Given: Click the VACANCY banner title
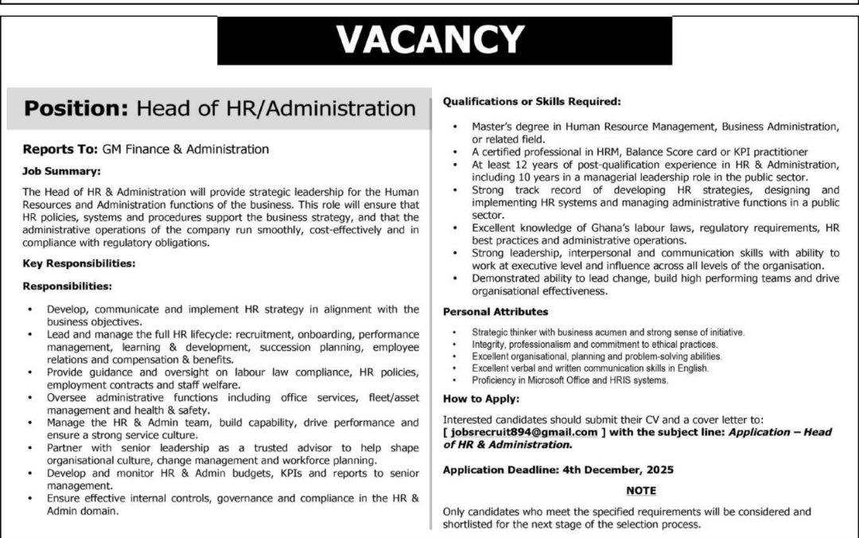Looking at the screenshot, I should (x=429, y=39).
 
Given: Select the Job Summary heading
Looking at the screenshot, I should (x=61, y=170).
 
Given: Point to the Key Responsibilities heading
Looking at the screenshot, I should (x=79, y=262).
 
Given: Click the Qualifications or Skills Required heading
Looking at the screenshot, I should (x=531, y=102).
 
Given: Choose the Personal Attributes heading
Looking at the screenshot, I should (x=495, y=311).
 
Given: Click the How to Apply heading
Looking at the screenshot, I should (x=480, y=399).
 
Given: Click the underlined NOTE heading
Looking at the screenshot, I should (x=641, y=491).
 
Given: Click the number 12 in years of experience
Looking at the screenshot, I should (x=516, y=165).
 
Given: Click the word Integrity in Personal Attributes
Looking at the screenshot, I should (x=489, y=344).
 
